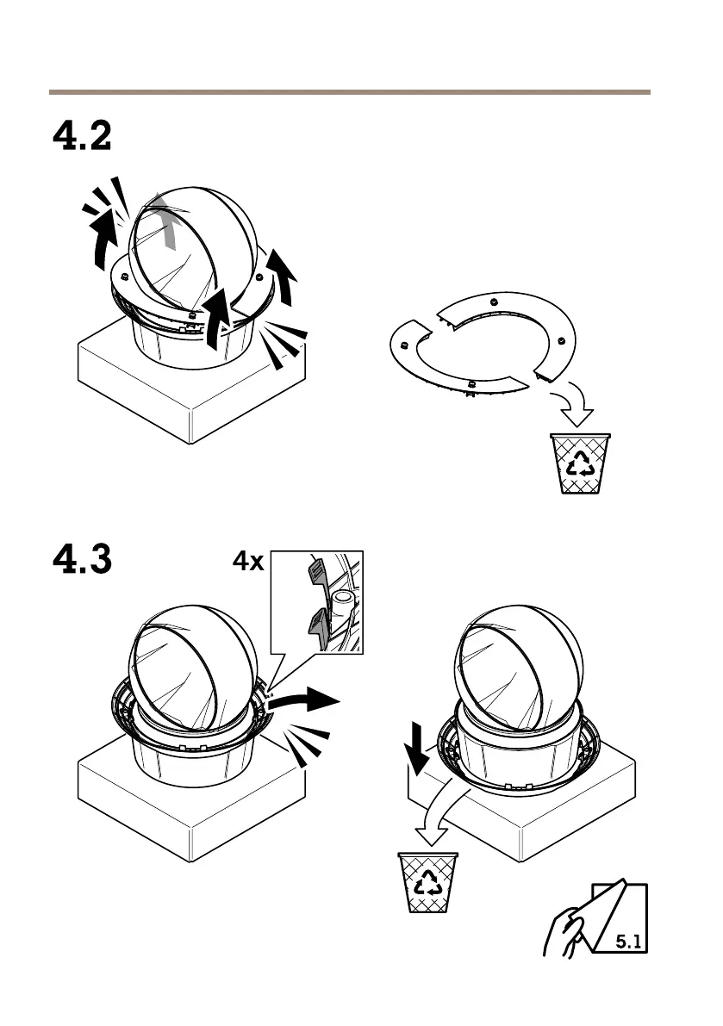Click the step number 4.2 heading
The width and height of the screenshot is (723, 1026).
point(82,136)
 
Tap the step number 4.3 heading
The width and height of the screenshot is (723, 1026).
point(82,561)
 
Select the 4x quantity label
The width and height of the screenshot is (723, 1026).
point(248,563)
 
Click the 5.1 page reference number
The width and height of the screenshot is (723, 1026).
point(629,942)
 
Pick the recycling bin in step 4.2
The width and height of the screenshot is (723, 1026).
point(580,463)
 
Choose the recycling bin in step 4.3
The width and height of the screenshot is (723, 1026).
point(427,880)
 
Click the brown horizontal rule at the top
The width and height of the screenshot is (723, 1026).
point(349,91)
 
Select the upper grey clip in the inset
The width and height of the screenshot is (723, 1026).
point(315,571)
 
